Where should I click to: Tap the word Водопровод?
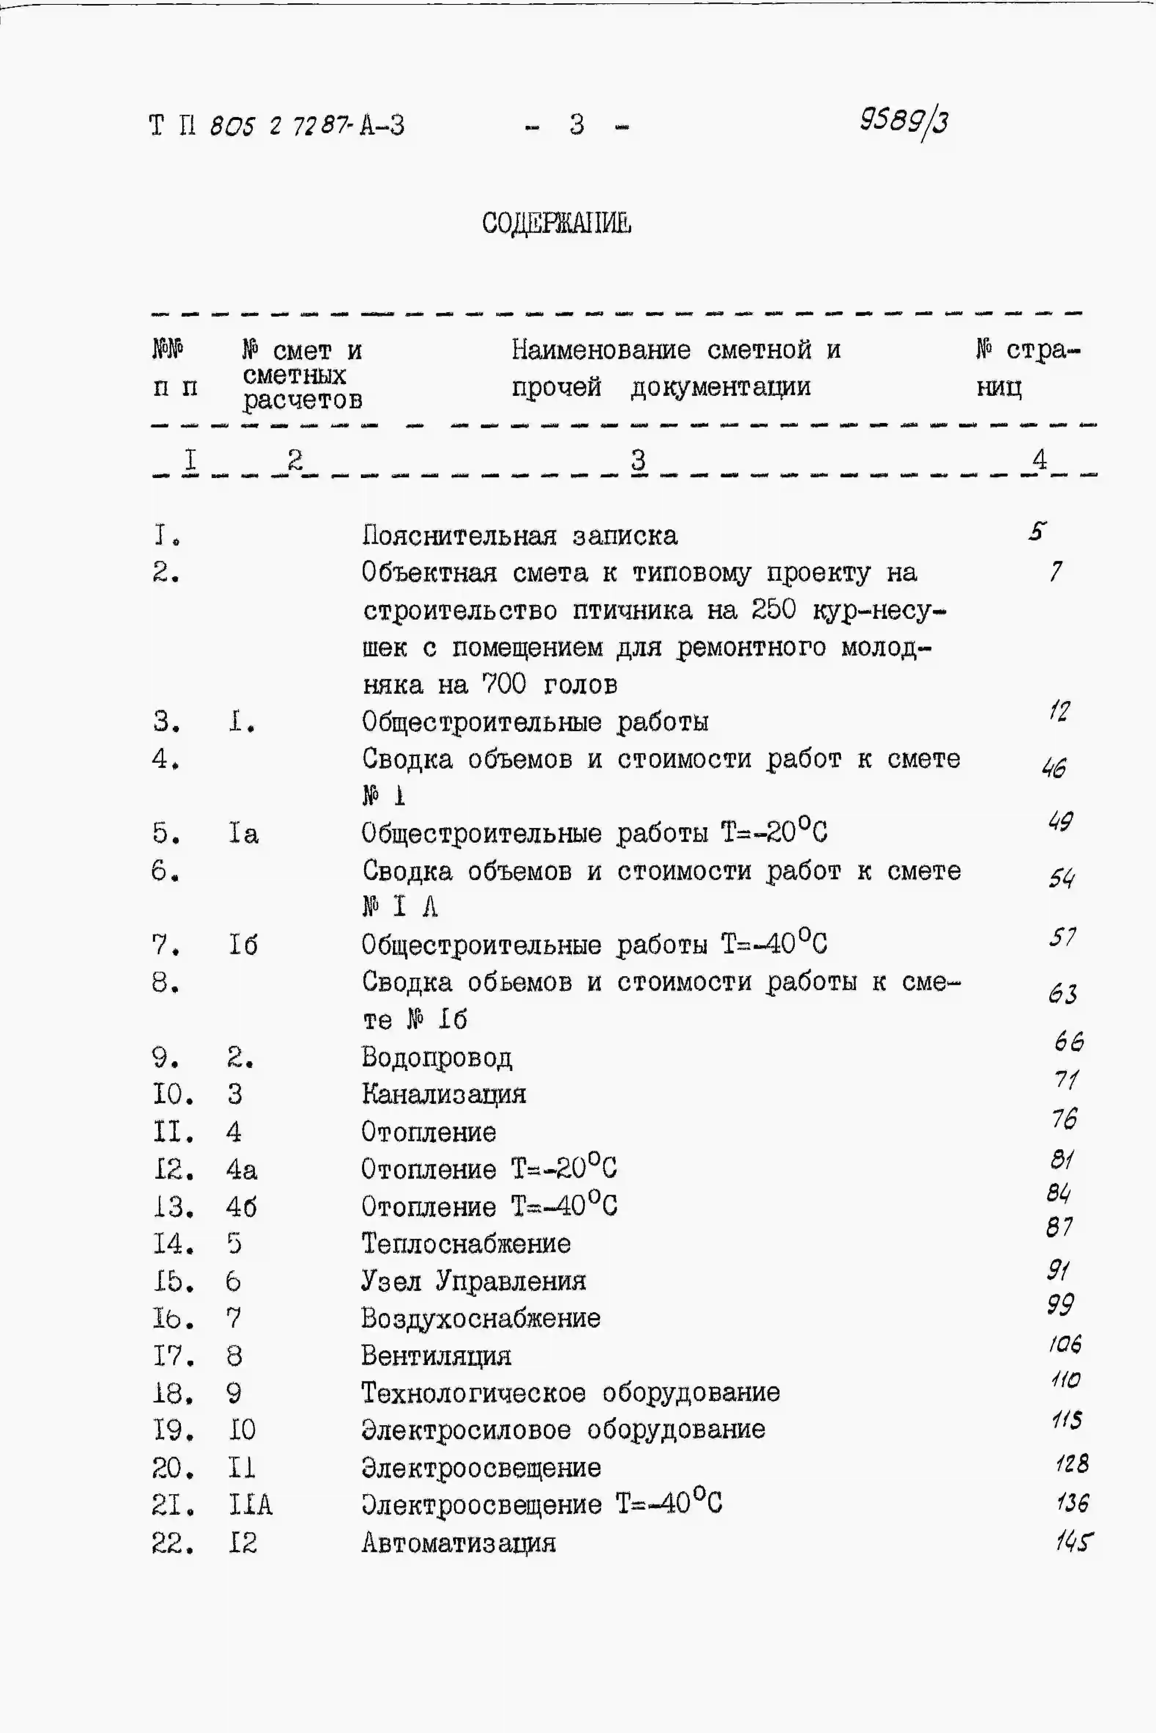click(436, 1058)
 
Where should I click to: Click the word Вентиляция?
click(436, 1356)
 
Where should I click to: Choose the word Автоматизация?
click(458, 1543)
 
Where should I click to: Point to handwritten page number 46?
click(1054, 768)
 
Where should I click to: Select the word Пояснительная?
click(458, 535)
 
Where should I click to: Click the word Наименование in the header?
click(601, 350)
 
